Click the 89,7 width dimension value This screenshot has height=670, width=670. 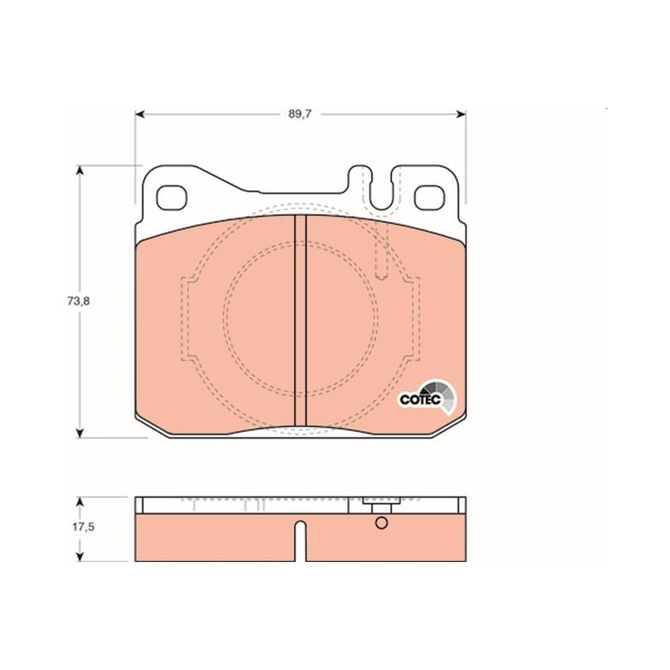click(300, 114)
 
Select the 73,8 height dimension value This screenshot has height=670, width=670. click(78, 301)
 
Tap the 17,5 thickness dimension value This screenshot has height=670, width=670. click(83, 527)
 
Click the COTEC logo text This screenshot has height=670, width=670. click(420, 399)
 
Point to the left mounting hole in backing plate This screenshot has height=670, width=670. click(172, 198)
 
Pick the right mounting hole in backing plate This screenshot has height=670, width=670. click(430, 198)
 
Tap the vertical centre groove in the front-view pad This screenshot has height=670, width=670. click(301, 321)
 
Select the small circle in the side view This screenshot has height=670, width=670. click(381, 523)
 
